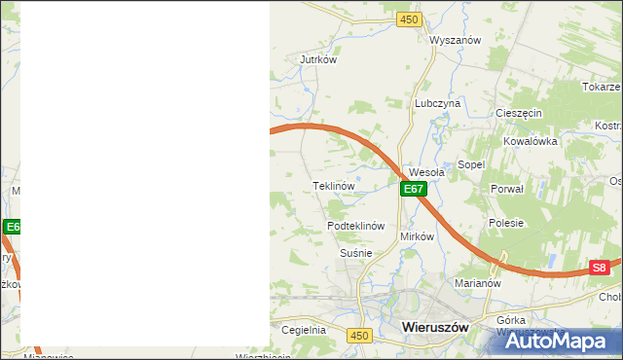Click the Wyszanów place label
tap(456, 40)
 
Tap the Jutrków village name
tap(318, 59)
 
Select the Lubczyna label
tap(436, 102)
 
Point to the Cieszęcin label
tap(518, 113)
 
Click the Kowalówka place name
tap(530, 141)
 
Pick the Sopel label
tap(471, 165)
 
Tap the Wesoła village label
tap(426, 172)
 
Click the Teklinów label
tap(332, 185)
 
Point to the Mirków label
tap(417, 236)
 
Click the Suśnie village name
tap(355, 253)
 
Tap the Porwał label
tap(507, 189)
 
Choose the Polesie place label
tap(506, 223)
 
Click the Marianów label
tap(477, 284)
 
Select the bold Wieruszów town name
tap(435, 328)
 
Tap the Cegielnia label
tap(303, 330)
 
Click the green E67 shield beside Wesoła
tap(413, 189)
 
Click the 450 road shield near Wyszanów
tap(409, 19)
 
